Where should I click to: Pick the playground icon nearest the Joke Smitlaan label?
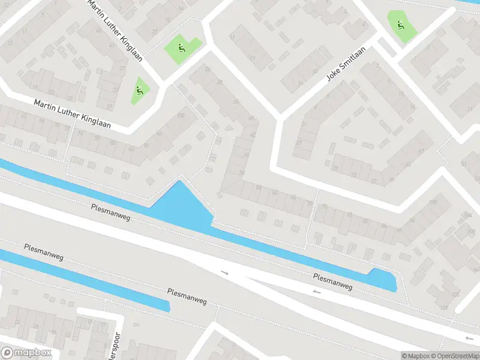click(399, 25)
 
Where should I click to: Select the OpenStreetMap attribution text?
click(454, 356)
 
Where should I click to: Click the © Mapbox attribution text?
click(416, 356)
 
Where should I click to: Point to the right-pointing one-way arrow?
click(225, 273)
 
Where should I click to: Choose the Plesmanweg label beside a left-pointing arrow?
click(332, 281)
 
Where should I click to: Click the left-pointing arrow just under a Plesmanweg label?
click(317, 292)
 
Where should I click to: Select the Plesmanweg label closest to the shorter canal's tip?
click(187, 296)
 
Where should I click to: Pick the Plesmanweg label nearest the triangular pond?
click(110, 212)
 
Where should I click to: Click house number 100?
click(181, 115)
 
